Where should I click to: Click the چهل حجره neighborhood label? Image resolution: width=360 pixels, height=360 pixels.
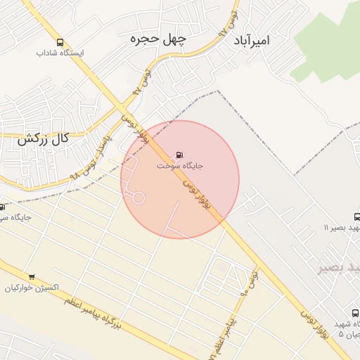click(157, 40)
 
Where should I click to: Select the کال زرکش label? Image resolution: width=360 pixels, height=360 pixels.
click(43, 139)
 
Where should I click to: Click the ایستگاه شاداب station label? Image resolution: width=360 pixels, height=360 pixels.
click(60, 53)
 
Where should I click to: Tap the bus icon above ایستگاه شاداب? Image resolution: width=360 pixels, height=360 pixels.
click(60, 42)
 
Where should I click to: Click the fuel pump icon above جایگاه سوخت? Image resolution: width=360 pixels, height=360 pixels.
click(179, 155)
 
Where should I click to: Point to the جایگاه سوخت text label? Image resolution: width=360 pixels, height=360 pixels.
click(180, 167)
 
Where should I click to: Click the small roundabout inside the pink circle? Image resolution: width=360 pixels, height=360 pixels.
click(139, 198)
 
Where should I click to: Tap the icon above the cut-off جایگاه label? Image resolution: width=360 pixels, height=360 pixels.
click(2, 207)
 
